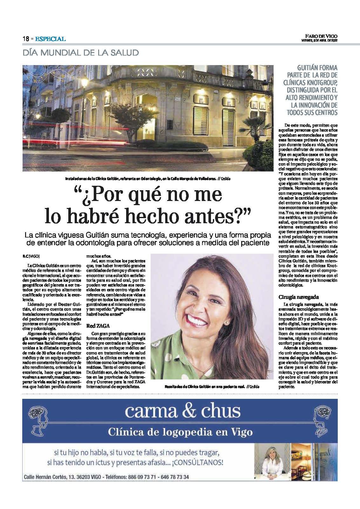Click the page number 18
click(x=26, y=39)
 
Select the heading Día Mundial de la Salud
click(x=81, y=53)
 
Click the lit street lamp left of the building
click(x=85, y=84)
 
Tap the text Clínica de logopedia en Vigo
click(x=180, y=432)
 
